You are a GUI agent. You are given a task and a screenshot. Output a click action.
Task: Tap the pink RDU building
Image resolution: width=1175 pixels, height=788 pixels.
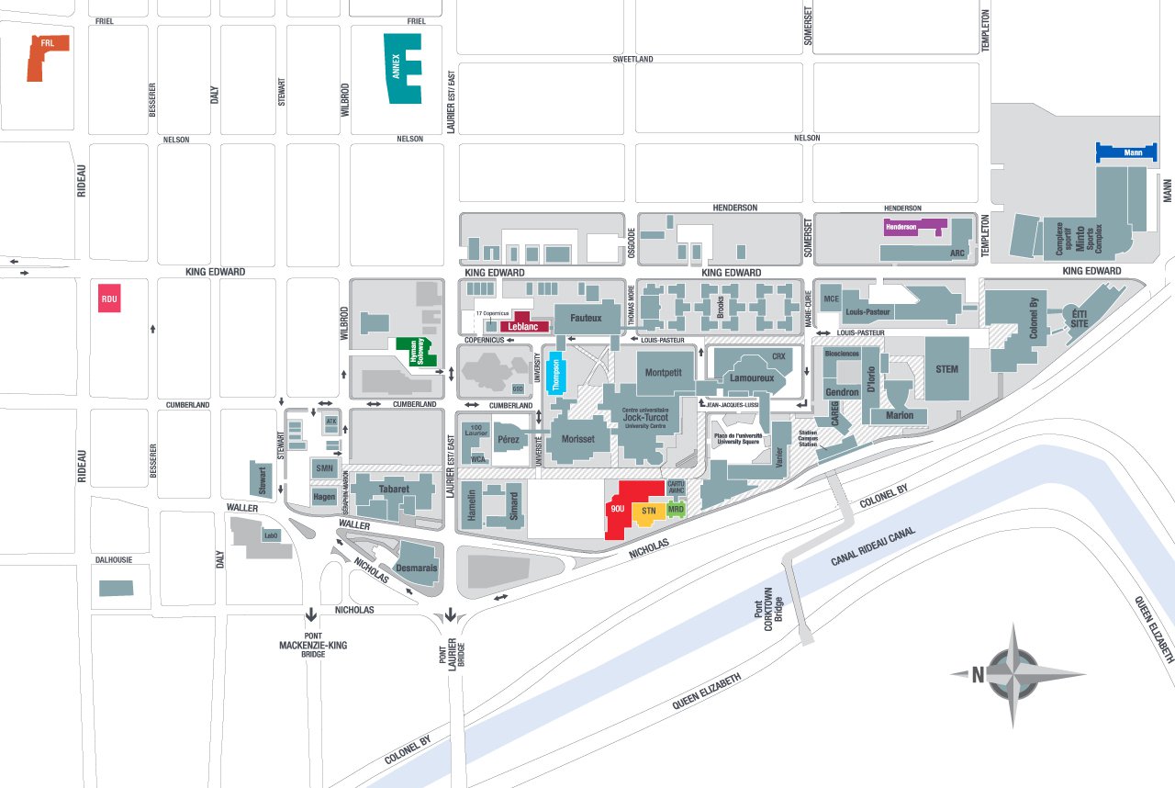[x=109, y=298]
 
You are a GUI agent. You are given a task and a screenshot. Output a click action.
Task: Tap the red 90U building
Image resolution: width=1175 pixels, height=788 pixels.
[x=621, y=508]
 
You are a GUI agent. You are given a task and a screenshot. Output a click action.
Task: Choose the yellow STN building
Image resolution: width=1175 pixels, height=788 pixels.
[x=648, y=511]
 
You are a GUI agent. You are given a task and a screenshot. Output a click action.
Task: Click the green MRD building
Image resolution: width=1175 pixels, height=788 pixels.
[x=677, y=508]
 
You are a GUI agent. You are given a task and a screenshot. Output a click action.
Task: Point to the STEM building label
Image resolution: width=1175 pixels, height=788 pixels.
[x=946, y=369]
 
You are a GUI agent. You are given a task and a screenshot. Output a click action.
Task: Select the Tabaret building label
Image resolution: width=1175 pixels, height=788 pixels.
[x=393, y=490]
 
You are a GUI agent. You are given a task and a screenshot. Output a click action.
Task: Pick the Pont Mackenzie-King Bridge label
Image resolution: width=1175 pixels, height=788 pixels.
[x=312, y=645]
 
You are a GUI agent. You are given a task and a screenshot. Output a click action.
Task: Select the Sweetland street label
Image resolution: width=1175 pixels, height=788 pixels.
[x=632, y=59]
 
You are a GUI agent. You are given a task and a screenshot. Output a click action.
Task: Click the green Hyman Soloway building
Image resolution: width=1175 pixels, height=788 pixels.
[x=417, y=353]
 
